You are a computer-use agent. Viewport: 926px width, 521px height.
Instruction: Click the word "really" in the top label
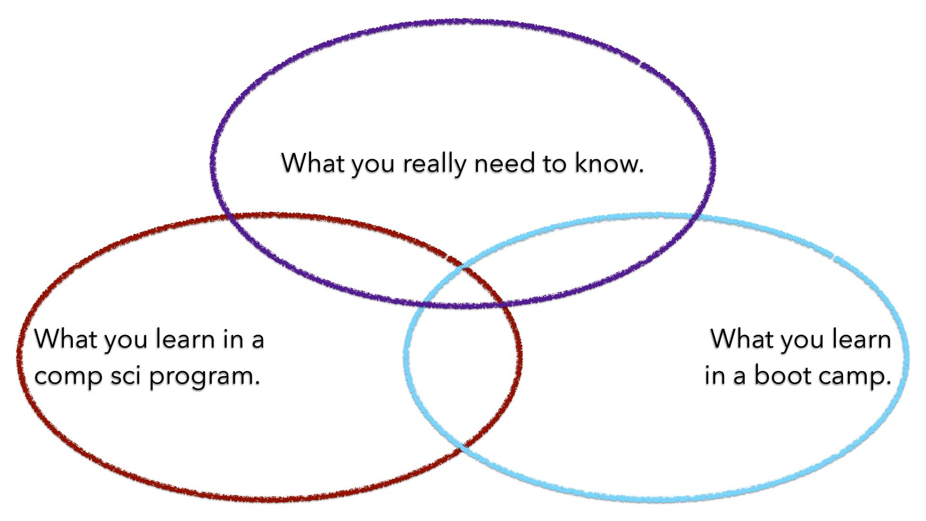(435, 164)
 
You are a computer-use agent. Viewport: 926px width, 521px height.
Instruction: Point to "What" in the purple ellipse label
(313, 163)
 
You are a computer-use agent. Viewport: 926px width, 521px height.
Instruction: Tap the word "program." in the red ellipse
(204, 377)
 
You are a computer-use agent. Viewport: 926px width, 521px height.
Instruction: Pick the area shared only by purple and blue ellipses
(579, 256)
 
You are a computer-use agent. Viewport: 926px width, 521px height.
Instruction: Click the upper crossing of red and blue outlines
(463, 267)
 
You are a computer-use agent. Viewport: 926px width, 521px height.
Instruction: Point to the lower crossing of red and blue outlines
(462, 446)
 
